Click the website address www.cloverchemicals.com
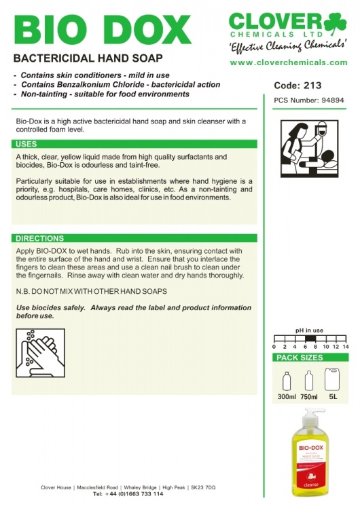288,62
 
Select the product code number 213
312,86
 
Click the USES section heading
26,144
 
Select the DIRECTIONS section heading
39,239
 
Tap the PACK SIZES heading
300,358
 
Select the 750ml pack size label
309,396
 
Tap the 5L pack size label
332,396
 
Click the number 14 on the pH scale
346,346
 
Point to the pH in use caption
309,331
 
